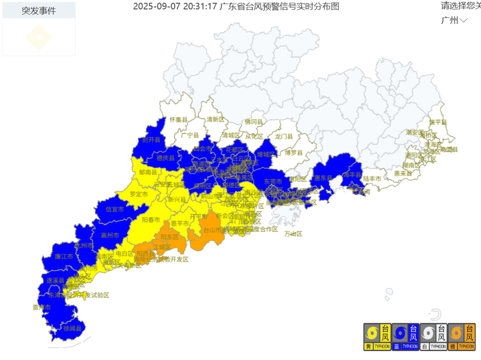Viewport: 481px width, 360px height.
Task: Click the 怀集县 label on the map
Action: [179, 120]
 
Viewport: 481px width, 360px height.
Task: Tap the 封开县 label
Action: [151, 139]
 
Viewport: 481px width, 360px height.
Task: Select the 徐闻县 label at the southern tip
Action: [72, 328]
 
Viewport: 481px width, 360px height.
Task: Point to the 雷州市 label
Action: [41, 307]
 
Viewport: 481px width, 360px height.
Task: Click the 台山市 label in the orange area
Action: [213, 230]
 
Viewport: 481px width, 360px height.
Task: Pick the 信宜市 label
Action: [115, 209]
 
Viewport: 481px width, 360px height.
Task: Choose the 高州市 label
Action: [110, 235]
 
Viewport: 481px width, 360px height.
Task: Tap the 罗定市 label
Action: [139, 194]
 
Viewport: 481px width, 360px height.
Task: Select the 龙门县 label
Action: [284, 137]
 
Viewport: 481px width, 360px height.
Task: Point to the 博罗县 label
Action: [293, 153]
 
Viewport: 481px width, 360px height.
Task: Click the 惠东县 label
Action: [323, 178]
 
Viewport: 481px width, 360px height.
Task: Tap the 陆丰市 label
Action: [372, 178]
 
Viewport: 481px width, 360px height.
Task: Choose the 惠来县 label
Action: [403, 173]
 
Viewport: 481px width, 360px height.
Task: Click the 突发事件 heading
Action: [39, 11]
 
